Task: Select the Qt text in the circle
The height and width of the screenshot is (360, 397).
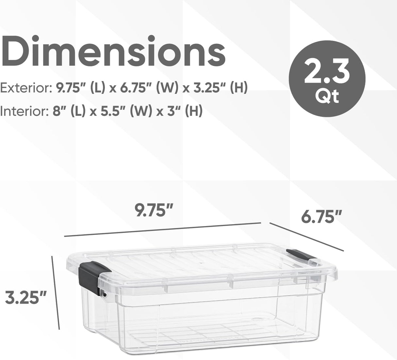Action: [328, 96]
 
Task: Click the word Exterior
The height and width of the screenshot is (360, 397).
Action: [25, 88]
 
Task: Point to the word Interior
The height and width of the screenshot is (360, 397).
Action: [23, 112]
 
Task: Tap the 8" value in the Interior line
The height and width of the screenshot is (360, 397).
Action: [59, 112]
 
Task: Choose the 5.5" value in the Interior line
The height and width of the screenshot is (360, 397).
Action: [112, 112]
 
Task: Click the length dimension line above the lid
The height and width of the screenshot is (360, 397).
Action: [162, 229]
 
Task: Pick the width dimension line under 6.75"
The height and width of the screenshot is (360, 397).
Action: [306, 237]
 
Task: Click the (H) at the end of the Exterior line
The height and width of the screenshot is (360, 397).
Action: [239, 88]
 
